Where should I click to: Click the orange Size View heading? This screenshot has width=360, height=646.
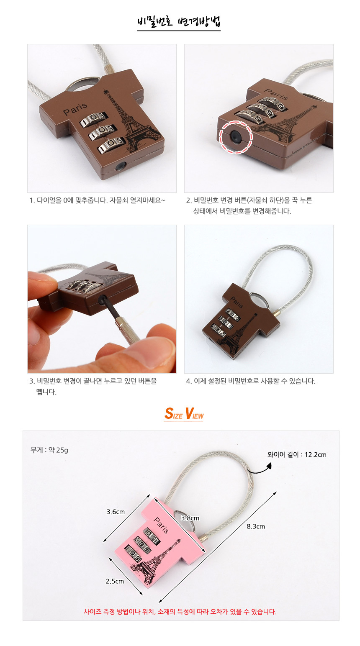(x=184, y=413)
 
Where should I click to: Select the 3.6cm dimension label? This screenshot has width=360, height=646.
(x=116, y=512)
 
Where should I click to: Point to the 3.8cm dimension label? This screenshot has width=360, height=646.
(x=190, y=518)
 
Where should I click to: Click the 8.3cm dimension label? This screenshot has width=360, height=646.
(x=256, y=526)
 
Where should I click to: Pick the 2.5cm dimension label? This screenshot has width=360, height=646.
(x=115, y=581)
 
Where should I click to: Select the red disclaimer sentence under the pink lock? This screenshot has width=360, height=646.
(x=180, y=612)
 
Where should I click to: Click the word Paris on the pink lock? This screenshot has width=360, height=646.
(x=161, y=526)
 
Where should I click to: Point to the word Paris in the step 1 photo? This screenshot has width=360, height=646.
(x=75, y=109)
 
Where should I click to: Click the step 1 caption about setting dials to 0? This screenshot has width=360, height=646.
(x=97, y=200)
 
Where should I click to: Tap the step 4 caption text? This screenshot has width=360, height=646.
(x=251, y=381)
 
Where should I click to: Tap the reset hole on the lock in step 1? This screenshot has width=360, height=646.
(x=120, y=166)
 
